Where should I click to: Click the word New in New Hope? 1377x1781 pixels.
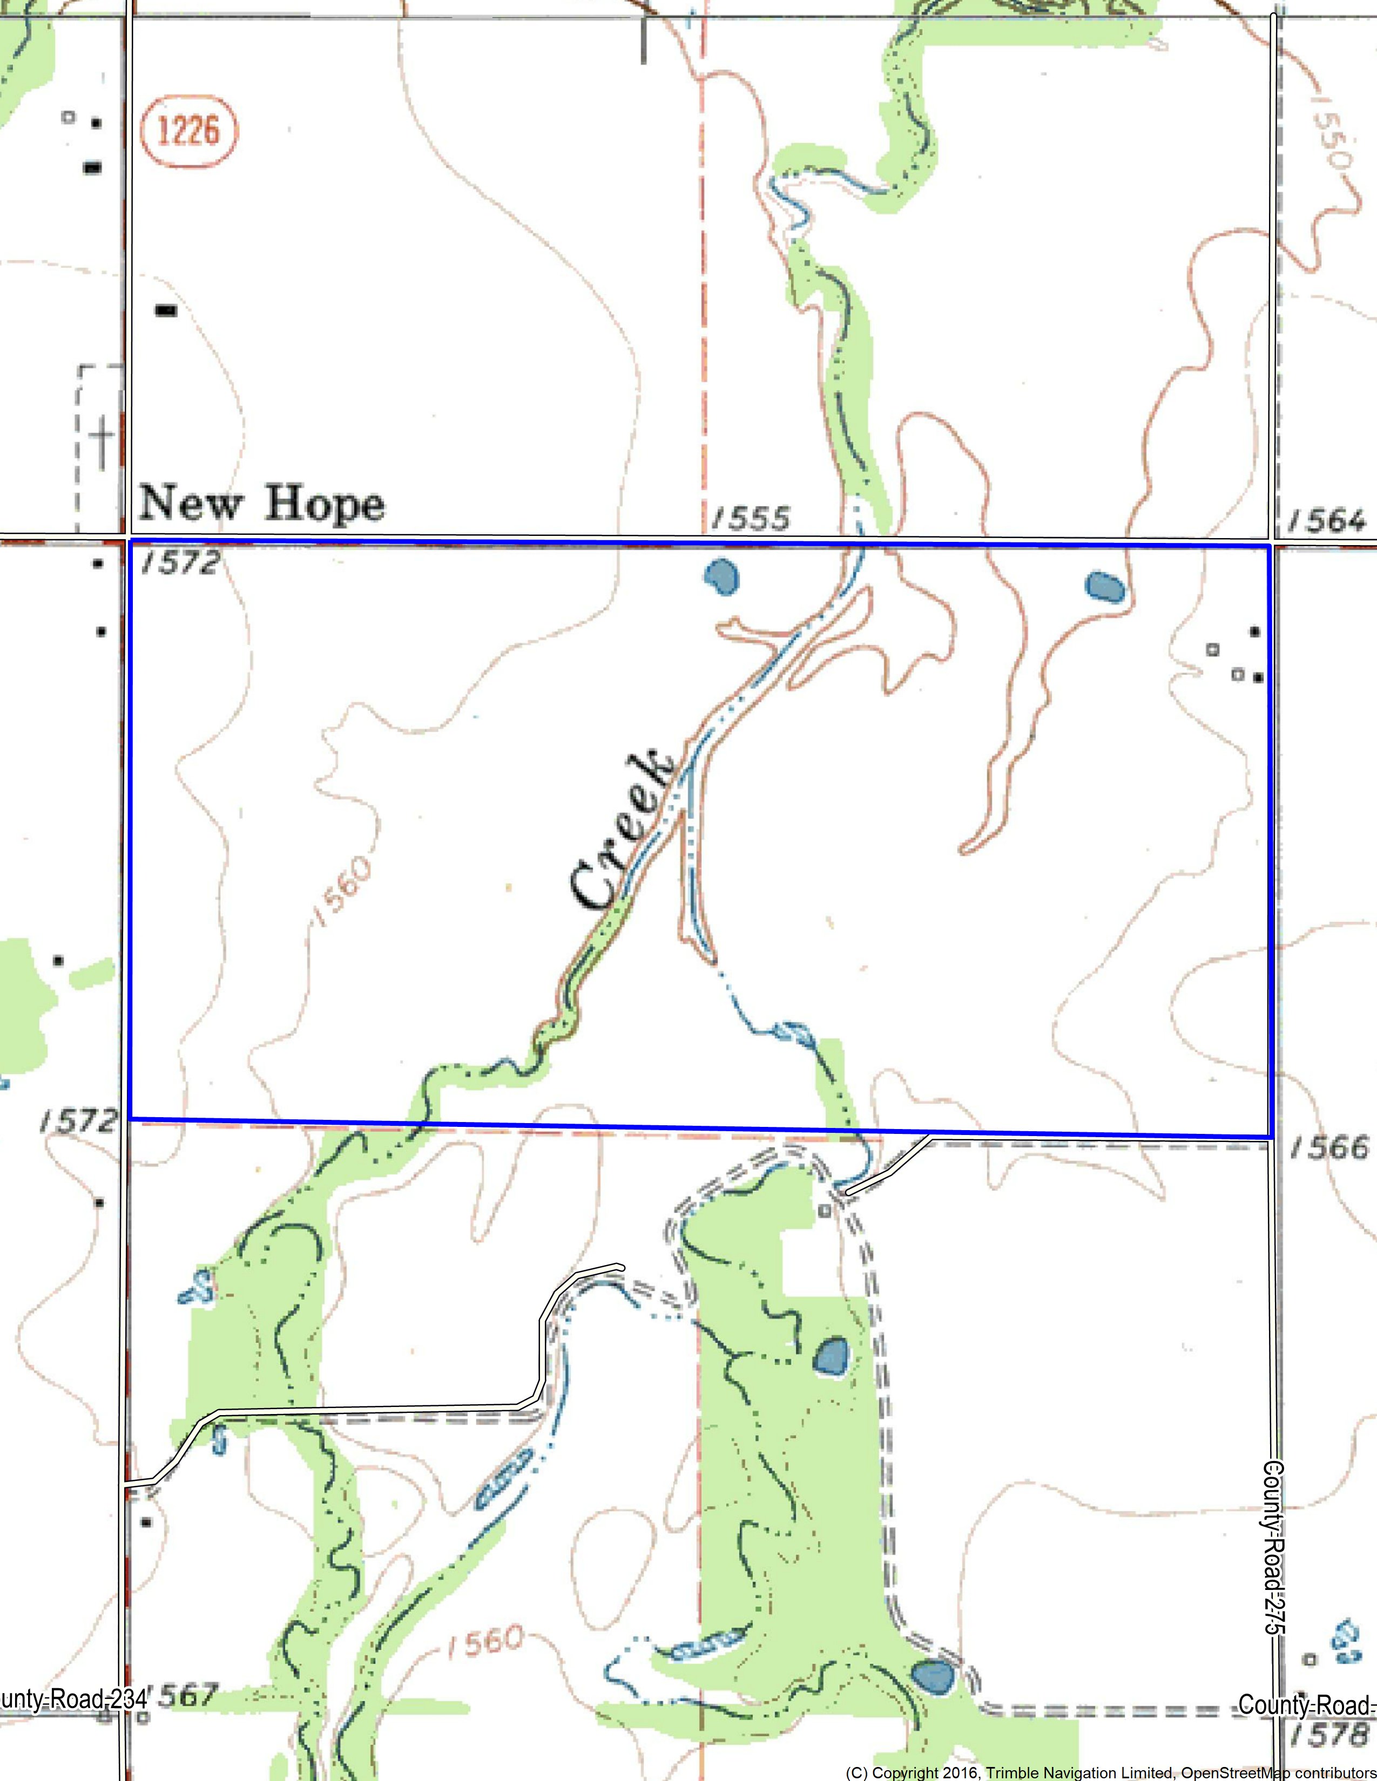pyautogui.click(x=190, y=502)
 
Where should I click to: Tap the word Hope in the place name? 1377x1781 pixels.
pyautogui.click(x=325, y=504)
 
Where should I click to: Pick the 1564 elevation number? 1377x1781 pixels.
pyautogui.click(x=1326, y=520)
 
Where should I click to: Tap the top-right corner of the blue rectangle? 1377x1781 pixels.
pyautogui.click(x=1270, y=546)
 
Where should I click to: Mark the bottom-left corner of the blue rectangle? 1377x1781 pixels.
pyautogui.click(x=131, y=1119)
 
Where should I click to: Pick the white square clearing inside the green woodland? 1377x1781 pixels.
pyautogui.click(x=808, y=1262)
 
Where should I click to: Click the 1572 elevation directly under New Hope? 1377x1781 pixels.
pyautogui.click(x=180, y=562)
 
